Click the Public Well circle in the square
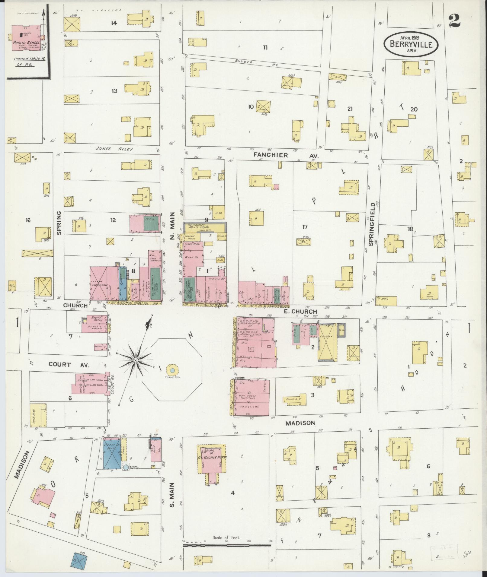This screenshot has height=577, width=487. click(x=172, y=370)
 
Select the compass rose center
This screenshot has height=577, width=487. click(x=136, y=360)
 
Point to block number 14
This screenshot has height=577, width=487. click(x=114, y=23)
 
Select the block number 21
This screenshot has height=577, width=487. click(x=350, y=109)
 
